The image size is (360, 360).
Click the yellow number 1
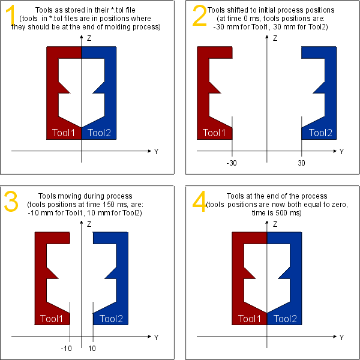pyautogui.click(x=11, y=16)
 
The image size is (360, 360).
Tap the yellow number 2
pyautogui.click(x=200, y=16)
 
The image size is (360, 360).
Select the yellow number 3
pyautogui.click(x=11, y=201)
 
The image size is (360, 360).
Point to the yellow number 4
pyautogui.click(x=200, y=201)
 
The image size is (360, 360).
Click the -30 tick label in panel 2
pyautogui.click(x=232, y=163)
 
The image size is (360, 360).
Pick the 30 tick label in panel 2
pyautogui.click(x=301, y=163)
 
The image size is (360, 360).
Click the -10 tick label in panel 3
pyautogui.click(x=67, y=349)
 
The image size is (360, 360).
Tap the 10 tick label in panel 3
pyautogui.click(x=92, y=349)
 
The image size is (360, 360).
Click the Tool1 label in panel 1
pyautogui.click(x=64, y=133)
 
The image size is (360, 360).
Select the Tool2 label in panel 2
pyautogui.click(x=320, y=133)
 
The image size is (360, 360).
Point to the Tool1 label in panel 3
pyautogui.click(x=52, y=319)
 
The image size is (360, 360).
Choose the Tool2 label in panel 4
pyautogui.click(x=286, y=319)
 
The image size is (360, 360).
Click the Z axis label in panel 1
pyautogui.click(x=89, y=38)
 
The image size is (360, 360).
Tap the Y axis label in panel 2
pyautogui.click(x=341, y=152)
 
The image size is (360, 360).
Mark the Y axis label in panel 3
pyautogui.click(x=156, y=337)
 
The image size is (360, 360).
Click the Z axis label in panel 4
pyautogui.click(x=275, y=224)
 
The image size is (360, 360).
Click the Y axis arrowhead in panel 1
pyautogui.click(x=149, y=151)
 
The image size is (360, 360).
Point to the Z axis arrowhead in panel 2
pyautogui.click(x=266, y=37)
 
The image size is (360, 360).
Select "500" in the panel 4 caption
pyautogui.click(x=281, y=213)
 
